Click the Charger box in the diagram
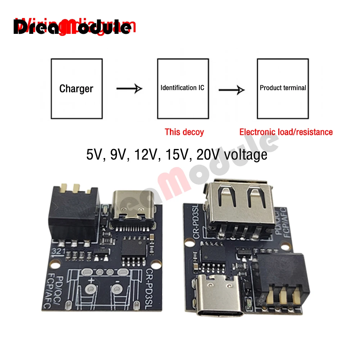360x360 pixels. tap(76, 89)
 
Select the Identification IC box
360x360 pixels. tap(183, 89)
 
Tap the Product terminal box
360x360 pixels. tap(283, 89)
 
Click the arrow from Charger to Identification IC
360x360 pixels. tap(129, 88)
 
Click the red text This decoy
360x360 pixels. tap(184, 132)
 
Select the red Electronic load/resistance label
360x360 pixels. tap(286, 132)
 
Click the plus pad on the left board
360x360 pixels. tap(90, 288)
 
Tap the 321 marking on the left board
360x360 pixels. tap(58, 251)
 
